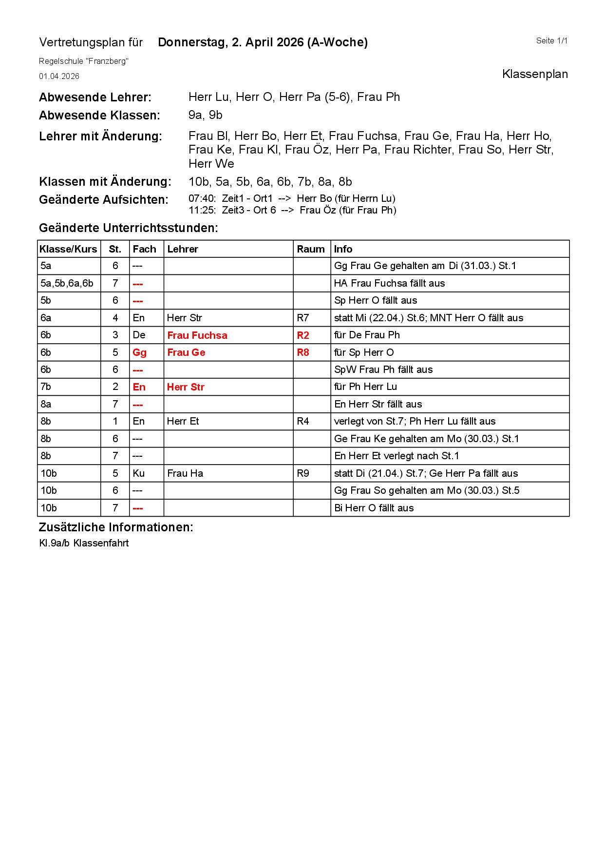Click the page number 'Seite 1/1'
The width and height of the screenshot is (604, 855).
551,41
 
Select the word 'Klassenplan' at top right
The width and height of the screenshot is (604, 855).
534,74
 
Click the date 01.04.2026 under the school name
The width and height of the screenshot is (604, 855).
59,77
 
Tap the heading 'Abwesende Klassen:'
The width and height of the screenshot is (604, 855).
99,116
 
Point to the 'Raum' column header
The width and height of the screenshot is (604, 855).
310,249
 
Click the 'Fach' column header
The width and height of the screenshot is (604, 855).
144,249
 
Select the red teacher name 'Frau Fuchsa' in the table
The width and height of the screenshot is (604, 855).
197,335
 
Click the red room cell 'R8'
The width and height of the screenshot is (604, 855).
302,352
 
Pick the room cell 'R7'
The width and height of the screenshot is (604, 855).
302,318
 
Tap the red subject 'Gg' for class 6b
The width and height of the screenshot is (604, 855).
139,352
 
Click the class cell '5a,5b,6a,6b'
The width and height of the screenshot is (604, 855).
67,283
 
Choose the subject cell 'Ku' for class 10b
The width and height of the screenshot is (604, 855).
138,473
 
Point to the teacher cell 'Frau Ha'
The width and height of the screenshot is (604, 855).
185,473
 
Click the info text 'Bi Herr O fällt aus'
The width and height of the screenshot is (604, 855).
374,508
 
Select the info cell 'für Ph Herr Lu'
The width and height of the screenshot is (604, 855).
365,387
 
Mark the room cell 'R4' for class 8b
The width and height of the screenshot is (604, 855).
302,421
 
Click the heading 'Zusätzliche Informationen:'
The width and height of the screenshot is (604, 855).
115,527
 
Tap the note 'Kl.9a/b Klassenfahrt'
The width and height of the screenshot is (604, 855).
84,543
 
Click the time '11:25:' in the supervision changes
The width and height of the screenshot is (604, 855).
202,210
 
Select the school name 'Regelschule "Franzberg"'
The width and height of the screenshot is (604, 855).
83,61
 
